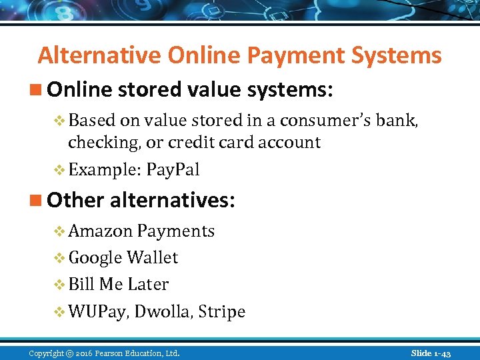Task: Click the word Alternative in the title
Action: (100, 55)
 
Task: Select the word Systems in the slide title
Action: (403, 55)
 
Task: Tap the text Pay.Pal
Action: (173, 170)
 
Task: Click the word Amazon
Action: (101, 231)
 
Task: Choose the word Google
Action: (95, 258)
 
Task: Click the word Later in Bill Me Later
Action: (148, 285)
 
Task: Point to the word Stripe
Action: (223, 312)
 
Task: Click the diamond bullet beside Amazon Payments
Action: (59, 231)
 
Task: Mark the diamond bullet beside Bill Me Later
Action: (59, 285)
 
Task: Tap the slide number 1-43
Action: (441, 353)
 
